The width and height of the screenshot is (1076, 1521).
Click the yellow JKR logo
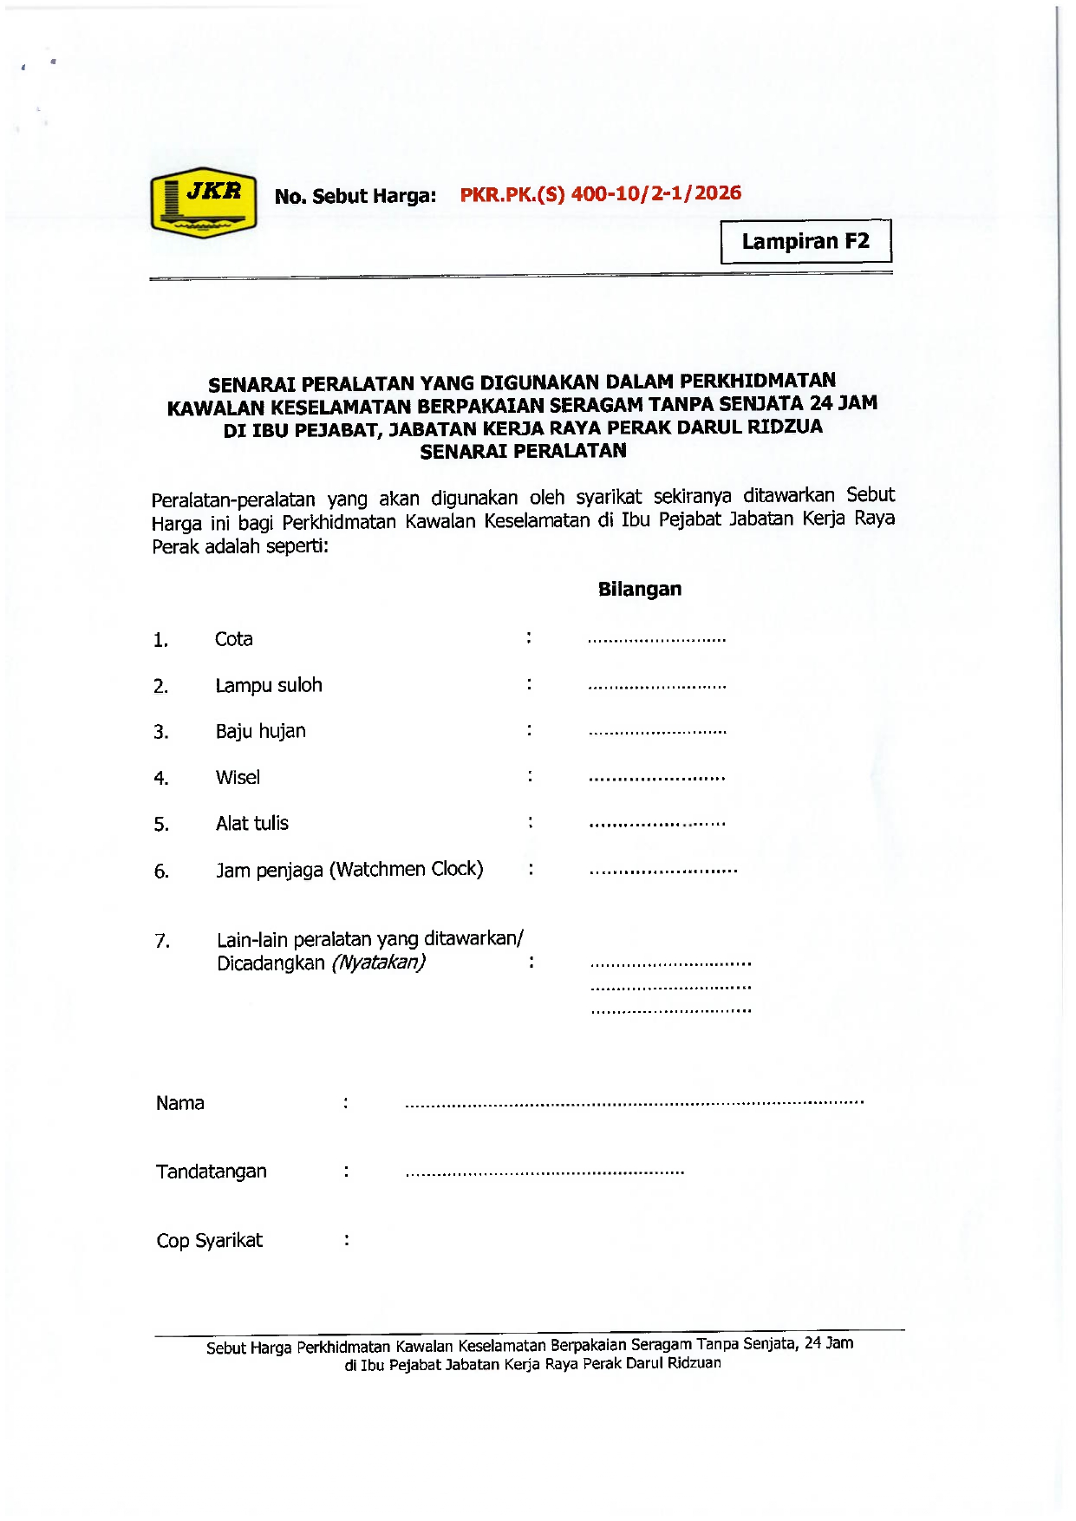pyautogui.click(x=204, y=203)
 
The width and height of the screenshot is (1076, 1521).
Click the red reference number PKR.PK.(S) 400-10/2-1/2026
pyautogui.click(x=600, y=193)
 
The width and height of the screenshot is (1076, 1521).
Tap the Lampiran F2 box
pyautogui.click(x=805, y=241)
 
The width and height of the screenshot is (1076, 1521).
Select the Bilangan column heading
pyautogui.click(x=640, y=590)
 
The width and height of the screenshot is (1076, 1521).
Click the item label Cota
pyautogui.click(x=234, y=639)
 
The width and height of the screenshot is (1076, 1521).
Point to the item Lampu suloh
pyautogui.click(x=269, y=685)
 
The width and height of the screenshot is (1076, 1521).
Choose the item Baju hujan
pyautogui.click(x=261, y=731)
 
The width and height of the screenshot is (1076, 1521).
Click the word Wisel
pyautogui.click(x=238, y=777)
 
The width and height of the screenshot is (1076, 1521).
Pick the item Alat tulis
pyautogui.click(x=252, y=823)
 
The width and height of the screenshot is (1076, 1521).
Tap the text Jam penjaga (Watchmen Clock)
pyautogui.click(x=349, y=869)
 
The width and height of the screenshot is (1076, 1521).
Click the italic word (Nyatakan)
pyautogui.click(x=378, y=963)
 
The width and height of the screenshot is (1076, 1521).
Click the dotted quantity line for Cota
pyautogui.click(x=656, y=641)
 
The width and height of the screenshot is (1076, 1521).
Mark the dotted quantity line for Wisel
pyautogui.click(x=656, y=779)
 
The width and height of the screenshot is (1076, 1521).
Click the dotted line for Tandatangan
pyautogui.click(x=545, y=1172)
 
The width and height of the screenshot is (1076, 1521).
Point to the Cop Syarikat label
pyautogui.click(x=209, y=1241)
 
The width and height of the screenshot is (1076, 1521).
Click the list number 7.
pyautogui.click(x=162, y=941)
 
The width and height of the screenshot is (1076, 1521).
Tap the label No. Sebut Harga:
pyautogui.click(x=355, y=196)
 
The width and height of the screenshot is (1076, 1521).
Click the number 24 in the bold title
pyautogui.click(x=821, y=403)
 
